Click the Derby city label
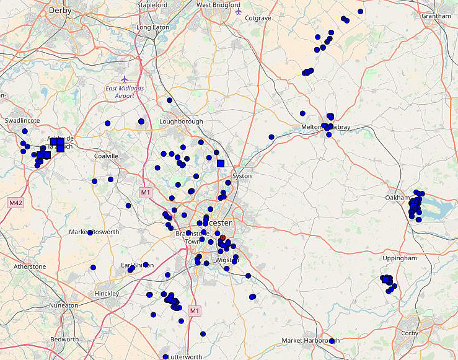[60, 11]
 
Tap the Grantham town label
[436, 15]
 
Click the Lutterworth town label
[185, 357]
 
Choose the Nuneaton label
[64, 305]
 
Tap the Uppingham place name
[399, 258]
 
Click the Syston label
[242, 176]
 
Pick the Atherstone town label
[30, 266]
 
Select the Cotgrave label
[258, 18]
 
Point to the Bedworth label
[64, 340]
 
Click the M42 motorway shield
[15, 203]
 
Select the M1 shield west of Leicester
[146, 193]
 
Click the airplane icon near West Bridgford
[239, 11]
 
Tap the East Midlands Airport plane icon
[125, 79]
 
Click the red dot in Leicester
[222, 237]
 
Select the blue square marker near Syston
[220, 164]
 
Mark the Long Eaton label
[152, 28]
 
